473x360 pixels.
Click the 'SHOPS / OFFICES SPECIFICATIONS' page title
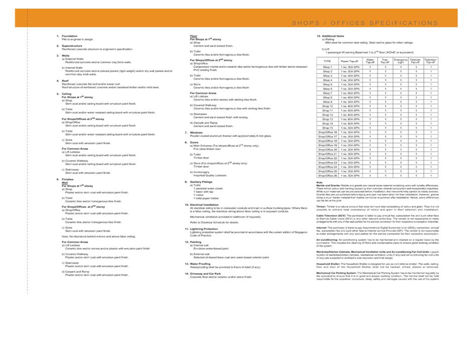365,23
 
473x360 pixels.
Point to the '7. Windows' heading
196,133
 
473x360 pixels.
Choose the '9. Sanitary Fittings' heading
203,181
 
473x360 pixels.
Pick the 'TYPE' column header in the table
328,61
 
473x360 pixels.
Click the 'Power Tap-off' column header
351,61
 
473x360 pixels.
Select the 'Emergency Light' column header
401,61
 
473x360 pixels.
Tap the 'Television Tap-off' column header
431,61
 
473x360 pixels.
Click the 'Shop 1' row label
328,67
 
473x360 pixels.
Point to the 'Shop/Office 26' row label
328,176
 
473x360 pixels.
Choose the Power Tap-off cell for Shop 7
351,93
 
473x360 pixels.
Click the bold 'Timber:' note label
322,206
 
